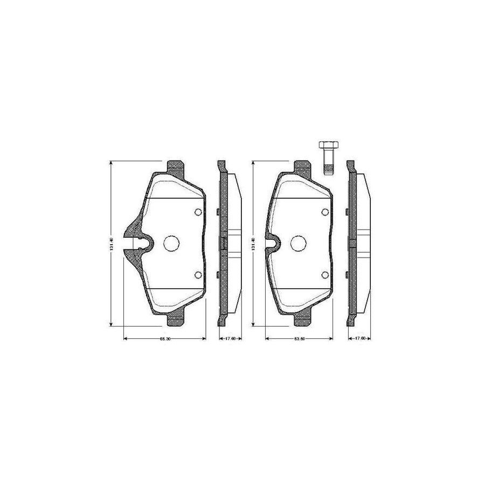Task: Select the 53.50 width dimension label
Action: [x=300, y=339]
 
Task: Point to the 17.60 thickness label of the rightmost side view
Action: [x=361, y=339]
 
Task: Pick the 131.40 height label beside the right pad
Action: [x=252, y=244]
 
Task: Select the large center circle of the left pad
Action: [x=171, y=244]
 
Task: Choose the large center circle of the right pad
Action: [x=299, y=244]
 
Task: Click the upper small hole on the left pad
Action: [x=197, y=212]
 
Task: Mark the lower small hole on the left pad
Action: [x=197, y=275]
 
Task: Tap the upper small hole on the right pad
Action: [x=324, y=212]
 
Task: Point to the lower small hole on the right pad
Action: [x=324, y=275]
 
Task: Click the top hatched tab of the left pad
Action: [x=175, y=167]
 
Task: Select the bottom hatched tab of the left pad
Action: [x=175, y=321]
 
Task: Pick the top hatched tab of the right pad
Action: [x=303, y=167]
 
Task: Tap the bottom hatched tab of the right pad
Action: [x=303, y=321]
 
